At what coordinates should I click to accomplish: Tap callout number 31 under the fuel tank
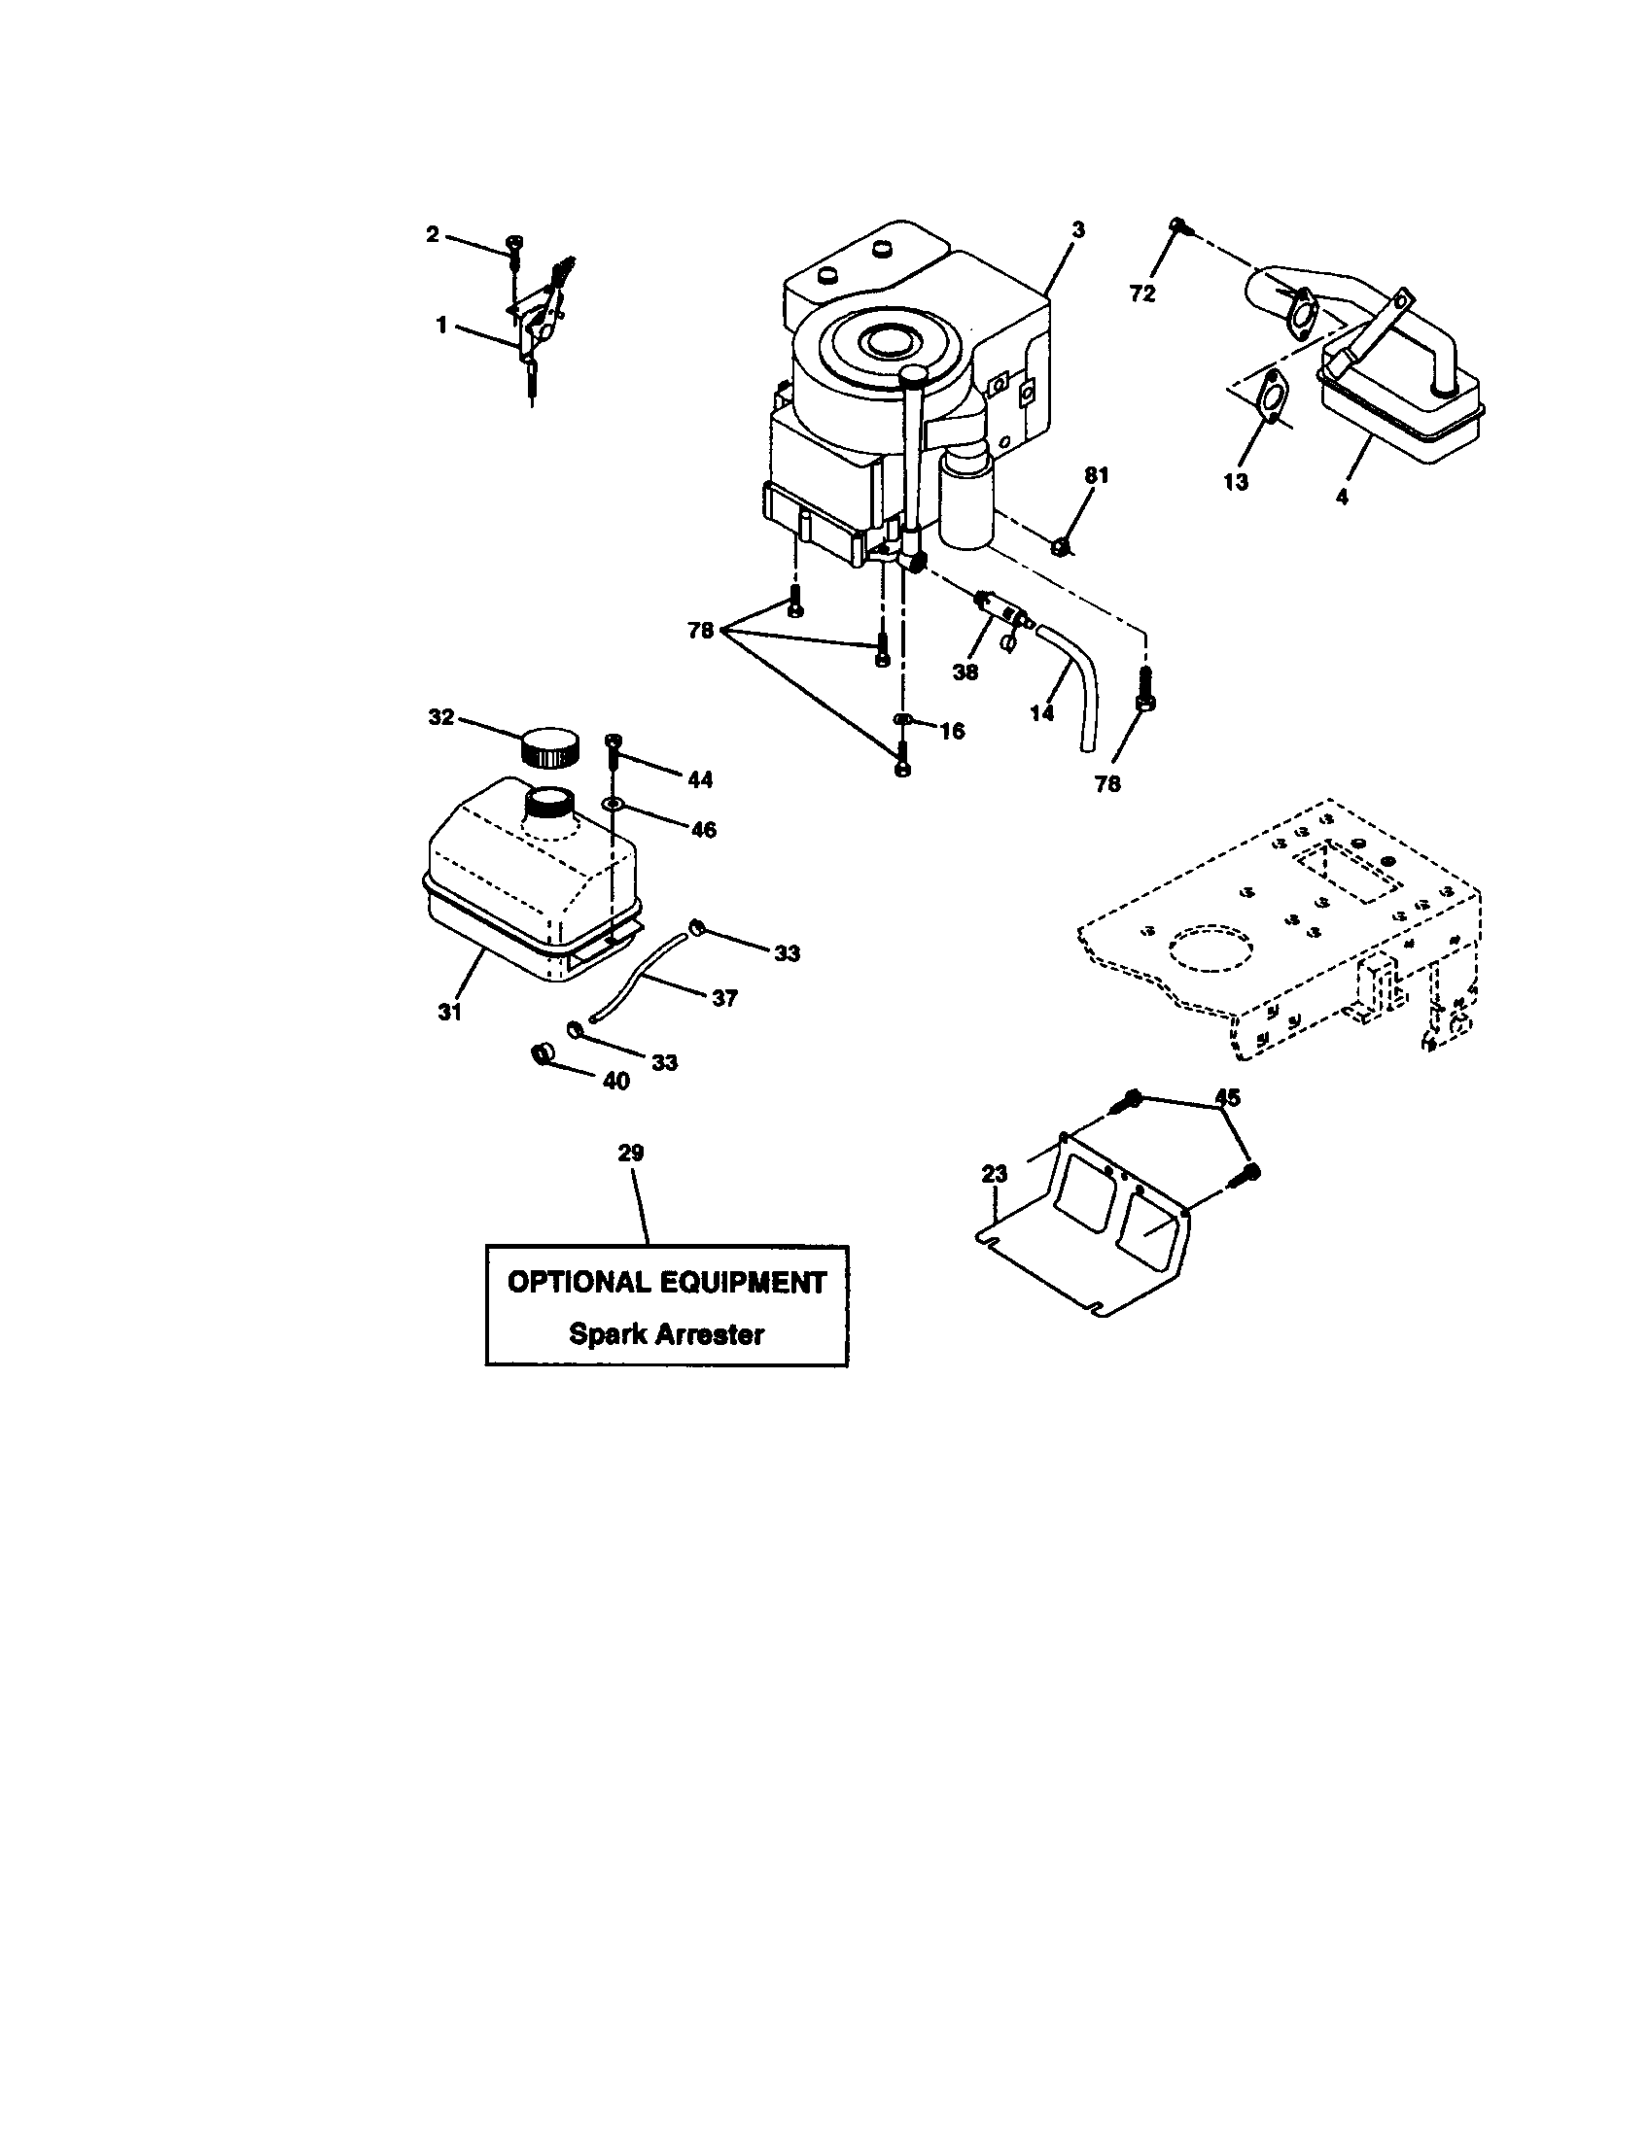pos(449,1013)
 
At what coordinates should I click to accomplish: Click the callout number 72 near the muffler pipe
pos(1142,293)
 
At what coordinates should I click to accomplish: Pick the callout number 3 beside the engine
pos(1078,230)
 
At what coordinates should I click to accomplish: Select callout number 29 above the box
pos(632,1154)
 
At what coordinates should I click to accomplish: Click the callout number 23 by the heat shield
pos(995,1173)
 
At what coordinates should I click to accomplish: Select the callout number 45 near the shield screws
pos(1227,1097)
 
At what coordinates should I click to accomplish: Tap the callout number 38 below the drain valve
pos(965,672)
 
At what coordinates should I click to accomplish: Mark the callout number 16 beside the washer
pos(951,731)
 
